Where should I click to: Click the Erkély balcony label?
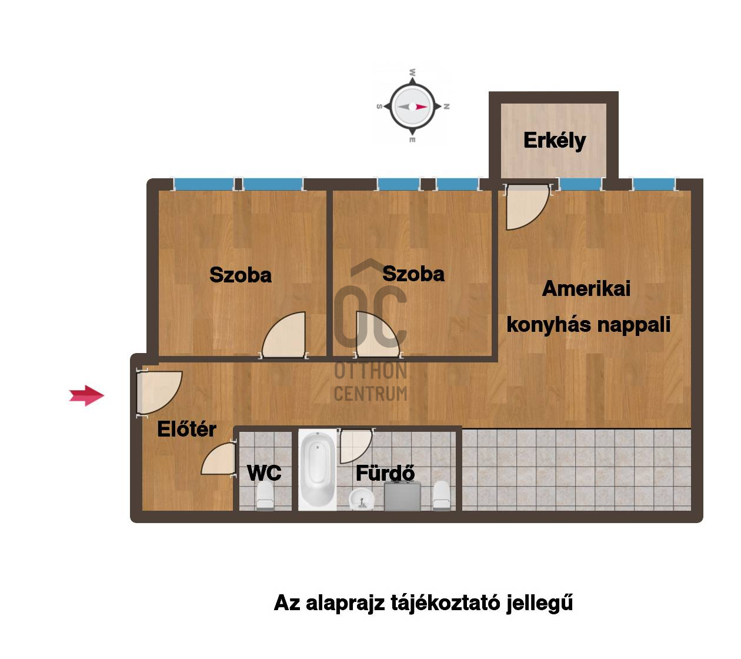554,141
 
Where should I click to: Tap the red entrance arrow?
86,395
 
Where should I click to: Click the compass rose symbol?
413,106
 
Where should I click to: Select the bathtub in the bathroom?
317,470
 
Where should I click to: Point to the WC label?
264,472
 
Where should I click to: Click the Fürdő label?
385,472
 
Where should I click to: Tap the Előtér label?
186,429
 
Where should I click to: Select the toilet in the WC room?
265,496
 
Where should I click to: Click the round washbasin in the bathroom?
361,498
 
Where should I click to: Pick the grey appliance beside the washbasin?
402,496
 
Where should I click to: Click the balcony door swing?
527,207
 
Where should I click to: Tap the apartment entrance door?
159,393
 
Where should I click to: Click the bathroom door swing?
355,447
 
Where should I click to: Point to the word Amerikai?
586,289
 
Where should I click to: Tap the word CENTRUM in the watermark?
370,394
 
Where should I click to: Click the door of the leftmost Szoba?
284,334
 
